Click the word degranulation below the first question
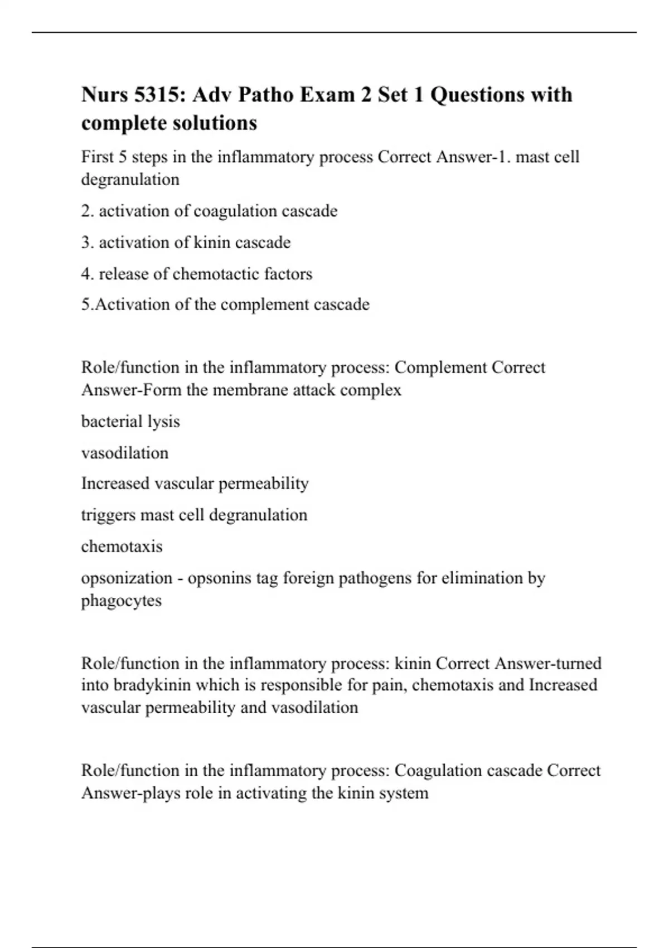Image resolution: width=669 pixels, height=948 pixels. pos(130,180)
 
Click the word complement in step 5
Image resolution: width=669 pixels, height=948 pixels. pos(268,304)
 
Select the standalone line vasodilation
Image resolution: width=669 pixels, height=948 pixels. pos(125,453)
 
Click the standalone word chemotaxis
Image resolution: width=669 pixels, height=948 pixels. pos(122,546)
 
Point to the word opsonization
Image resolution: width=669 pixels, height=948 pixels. pos(127,578)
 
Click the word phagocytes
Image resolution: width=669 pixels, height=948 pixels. pos(122,601)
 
